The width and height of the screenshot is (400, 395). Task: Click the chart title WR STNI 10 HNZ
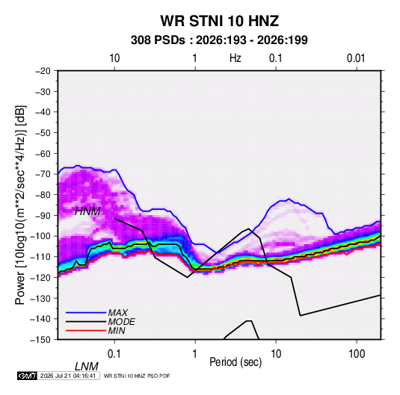tap(219, 21)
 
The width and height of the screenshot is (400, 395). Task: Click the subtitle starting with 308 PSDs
tap(219, 40)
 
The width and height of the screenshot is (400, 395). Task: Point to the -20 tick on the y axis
tap(43, 71)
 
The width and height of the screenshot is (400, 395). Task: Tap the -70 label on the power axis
tap(43, 174)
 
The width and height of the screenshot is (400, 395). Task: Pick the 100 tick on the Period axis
tap(357, 354)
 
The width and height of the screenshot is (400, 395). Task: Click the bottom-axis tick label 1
tap(195, 354)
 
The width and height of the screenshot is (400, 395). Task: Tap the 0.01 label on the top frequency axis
tap(356, 58)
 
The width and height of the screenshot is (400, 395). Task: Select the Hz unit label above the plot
tap(236, 58)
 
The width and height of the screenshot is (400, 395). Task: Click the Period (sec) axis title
tap(236, 362)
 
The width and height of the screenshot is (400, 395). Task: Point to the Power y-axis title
tap(20, 205)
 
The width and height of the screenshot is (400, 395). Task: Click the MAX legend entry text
tap(117, 312)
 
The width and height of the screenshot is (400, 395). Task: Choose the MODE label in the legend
tap(121, 322)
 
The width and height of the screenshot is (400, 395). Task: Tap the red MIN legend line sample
tap(86, 331)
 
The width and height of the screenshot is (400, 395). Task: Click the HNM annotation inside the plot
tap(87, 211)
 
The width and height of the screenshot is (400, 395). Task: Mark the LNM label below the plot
tap(86, 367)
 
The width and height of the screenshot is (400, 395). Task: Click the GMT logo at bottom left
tap(28, 376)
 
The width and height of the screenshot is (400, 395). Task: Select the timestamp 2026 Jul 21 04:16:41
tap(68, 376)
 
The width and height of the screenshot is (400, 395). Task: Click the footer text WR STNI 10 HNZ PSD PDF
tap(137, 376)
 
